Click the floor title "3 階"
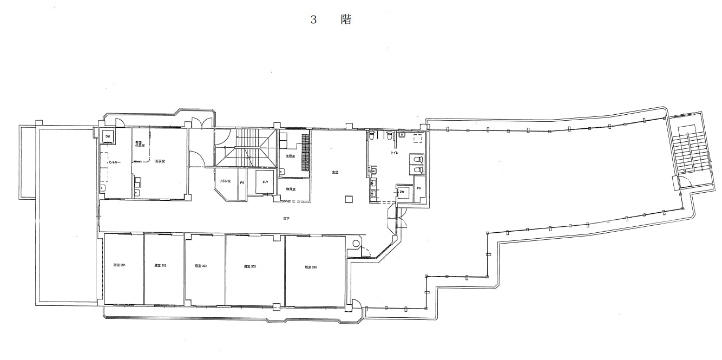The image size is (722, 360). [x=331, y=20]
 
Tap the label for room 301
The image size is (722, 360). [x=119, y=265]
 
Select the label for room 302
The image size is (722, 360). [x=160, y=266]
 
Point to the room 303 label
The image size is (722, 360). [x=201, y=266]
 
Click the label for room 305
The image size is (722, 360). [x=250, y=266]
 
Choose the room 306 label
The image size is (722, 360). [x=311, y=267]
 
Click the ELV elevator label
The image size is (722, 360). [x=265, y=182]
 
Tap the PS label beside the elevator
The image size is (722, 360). [x=242, y=183]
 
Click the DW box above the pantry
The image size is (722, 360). [x=108, y=136]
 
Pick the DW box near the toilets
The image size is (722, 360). [x=403, y=192]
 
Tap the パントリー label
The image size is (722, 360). [x=114, y=162]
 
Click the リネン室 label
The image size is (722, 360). [x=225, y=181]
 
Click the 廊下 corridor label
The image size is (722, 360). [x=286, y=218]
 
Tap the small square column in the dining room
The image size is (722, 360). [x=349, y=199]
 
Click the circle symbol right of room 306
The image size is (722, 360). [x=356, y=244]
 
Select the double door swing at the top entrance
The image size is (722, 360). [x=201, y=123]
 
